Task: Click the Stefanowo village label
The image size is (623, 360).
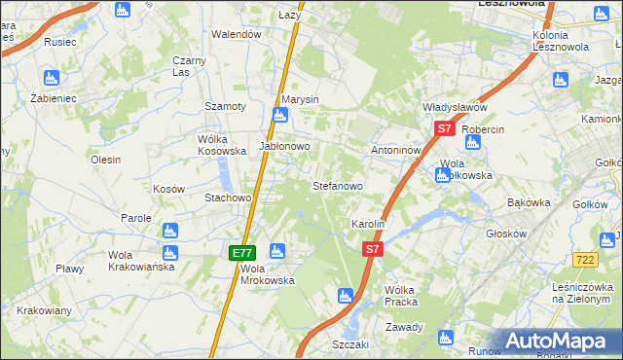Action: coord(337,185)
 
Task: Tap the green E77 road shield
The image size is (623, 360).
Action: coord(243,253)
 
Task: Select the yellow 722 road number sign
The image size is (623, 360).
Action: coord(585,259)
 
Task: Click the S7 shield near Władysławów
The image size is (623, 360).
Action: coord(444,128)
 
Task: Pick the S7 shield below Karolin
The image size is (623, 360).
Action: coord(371,250)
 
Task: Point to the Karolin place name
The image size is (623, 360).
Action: coord(369,224)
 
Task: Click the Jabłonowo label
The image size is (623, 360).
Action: coord(284,146)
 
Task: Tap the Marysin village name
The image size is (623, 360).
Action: coord(300,100)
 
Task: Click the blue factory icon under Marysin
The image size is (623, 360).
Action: coord(279,117)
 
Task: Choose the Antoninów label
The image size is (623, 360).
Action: coord(395,151)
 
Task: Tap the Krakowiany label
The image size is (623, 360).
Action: coord(43,311)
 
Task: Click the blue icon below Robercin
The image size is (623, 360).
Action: coord(473,142)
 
